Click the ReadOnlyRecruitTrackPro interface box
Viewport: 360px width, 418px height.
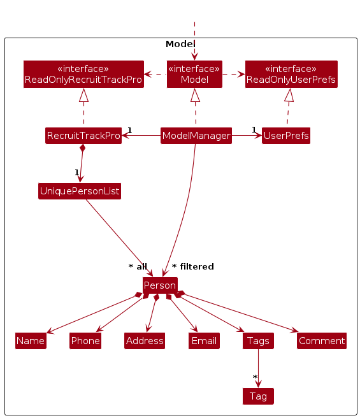tap(83, 74)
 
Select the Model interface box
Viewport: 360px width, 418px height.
tap(194, 74)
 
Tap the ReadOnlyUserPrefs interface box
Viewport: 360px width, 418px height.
tap(291, 74)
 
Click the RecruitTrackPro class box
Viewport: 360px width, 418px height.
tap(83, 136)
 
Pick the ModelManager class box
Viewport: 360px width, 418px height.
tap(196, 136)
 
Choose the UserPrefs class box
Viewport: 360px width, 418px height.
tap(286, 136)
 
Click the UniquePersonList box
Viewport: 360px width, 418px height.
tap(80, 191)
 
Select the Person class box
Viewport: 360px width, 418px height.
tap(160, 285)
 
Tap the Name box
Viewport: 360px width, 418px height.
tap(31, 341)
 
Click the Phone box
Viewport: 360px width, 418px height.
tap(85, 341)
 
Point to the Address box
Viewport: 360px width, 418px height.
tap(145, 341)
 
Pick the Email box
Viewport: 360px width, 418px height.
tap(204, 341)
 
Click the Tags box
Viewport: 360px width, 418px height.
tap(258, 341)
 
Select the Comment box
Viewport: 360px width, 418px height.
tap(322, 341)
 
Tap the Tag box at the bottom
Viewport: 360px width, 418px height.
tap(258, 396)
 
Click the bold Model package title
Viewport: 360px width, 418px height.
tap(180, 44)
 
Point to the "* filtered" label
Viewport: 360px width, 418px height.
tap(193, 266)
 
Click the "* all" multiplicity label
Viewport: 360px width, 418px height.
tap(138, 266)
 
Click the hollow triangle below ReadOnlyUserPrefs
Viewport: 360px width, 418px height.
tap(289, 95)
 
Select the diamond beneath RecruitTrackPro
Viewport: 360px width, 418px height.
tap(82, 148)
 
